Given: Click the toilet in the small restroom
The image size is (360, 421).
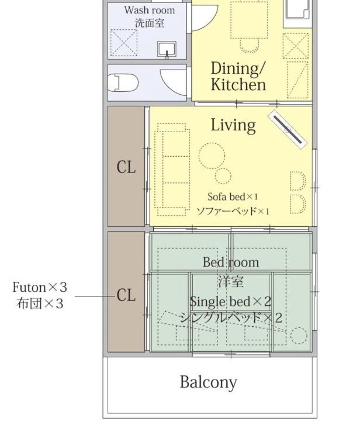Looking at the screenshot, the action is (x=123, y=82).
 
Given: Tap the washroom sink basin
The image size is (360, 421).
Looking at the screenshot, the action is (x=167, y=49).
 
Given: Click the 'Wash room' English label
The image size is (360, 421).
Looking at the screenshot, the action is (x=150, y=11).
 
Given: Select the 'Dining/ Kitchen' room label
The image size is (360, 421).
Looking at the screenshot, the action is (x=238, y=76).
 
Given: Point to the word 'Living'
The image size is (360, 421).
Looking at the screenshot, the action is (x=233, y=125).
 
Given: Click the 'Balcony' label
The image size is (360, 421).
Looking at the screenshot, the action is (x=209, y=382).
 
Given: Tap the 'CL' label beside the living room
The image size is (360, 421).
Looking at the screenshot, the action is (x=126, y=167).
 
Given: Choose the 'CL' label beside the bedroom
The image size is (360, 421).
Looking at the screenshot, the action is (x=126, y=295).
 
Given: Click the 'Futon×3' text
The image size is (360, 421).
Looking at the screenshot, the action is (x=40, y=287).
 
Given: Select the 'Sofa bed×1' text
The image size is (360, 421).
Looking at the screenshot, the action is (x=233, y=197).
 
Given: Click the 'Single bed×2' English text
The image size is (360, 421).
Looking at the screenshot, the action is (x=230, y=302).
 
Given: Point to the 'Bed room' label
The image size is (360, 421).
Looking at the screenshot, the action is (x=231, y=263).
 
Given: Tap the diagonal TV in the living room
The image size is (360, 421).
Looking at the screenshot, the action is (x=288, y=129).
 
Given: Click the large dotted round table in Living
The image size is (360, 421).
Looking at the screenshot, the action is (x=212, y=156).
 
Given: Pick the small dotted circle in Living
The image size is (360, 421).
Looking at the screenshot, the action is (x=223, y=176).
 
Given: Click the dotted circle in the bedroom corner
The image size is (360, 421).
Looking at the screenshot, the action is (x=299, y=336).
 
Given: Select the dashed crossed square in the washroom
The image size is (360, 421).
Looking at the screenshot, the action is (x=124, y=43).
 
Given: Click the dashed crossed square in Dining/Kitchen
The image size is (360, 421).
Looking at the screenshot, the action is (x=295, y=46).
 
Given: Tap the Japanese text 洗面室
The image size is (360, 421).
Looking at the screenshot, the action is (x=150, y=23).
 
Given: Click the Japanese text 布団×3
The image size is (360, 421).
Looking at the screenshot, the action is (x=40, y=303).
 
